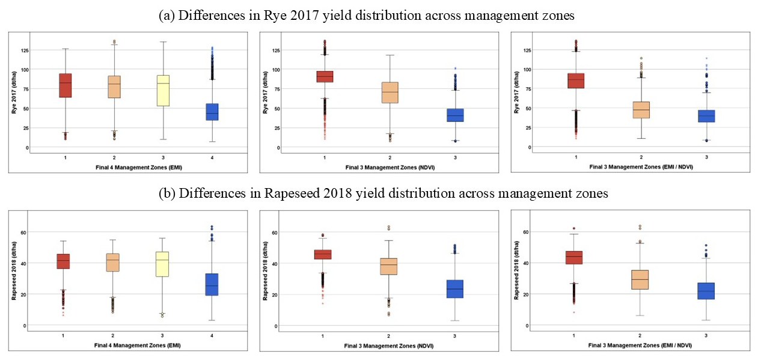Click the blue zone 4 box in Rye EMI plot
click(212, 112)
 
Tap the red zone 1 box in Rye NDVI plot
click(325, 76)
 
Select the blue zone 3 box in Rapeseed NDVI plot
click(456, 288)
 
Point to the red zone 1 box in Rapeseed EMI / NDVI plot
click(574, 257)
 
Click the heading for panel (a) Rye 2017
click(367, 16)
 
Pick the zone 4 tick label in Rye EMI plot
click(212, 157)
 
